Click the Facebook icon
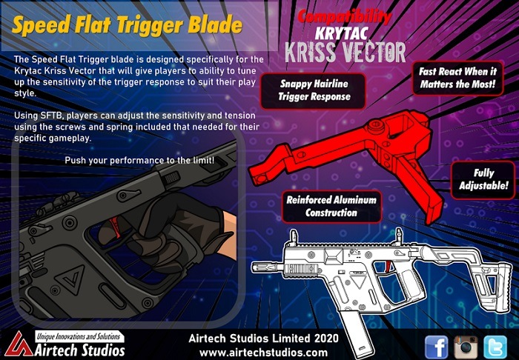(436, 347)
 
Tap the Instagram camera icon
(466, 347)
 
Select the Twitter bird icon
(495, 347)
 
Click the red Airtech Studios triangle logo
(19, 344)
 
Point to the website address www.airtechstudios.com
(263, 353)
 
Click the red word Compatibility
(345, 17)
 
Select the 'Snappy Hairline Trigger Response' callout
(313, 90)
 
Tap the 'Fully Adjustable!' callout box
(483, 180)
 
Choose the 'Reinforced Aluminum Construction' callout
(331, 207)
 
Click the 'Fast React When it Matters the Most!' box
(458, 78)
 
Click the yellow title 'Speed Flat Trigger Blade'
(127, 25)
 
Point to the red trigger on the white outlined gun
(389, 267)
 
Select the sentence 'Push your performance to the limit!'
(139, 161)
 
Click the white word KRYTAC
(341, 34)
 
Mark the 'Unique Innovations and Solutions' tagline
(79, 337)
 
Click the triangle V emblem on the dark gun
(70, 279)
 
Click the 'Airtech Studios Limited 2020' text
(263, 339)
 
